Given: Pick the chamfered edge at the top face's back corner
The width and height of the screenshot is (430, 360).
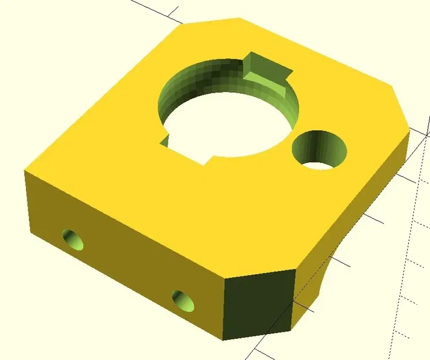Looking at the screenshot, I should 210,20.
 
